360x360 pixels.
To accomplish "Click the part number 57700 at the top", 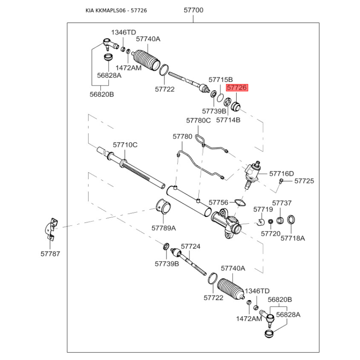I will pos(193,9).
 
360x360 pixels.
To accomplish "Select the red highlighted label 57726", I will pos(237,88).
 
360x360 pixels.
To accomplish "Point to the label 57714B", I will pos(228,120).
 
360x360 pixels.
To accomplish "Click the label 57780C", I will pos(198,120).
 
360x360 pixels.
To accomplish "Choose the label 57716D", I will pos(281,173).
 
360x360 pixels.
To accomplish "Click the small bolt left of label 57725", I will pos(281,181).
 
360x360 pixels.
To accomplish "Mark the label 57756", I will pos(219,202).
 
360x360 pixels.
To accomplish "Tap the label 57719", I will pos(263,209).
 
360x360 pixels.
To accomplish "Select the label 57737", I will pos(282,203).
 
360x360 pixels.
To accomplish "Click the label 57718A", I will pos(292,238).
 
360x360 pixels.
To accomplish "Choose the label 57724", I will pos(190,247).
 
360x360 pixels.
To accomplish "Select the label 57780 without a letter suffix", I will pos(182,136).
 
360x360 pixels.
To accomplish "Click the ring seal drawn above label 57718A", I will pos(292,220).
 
